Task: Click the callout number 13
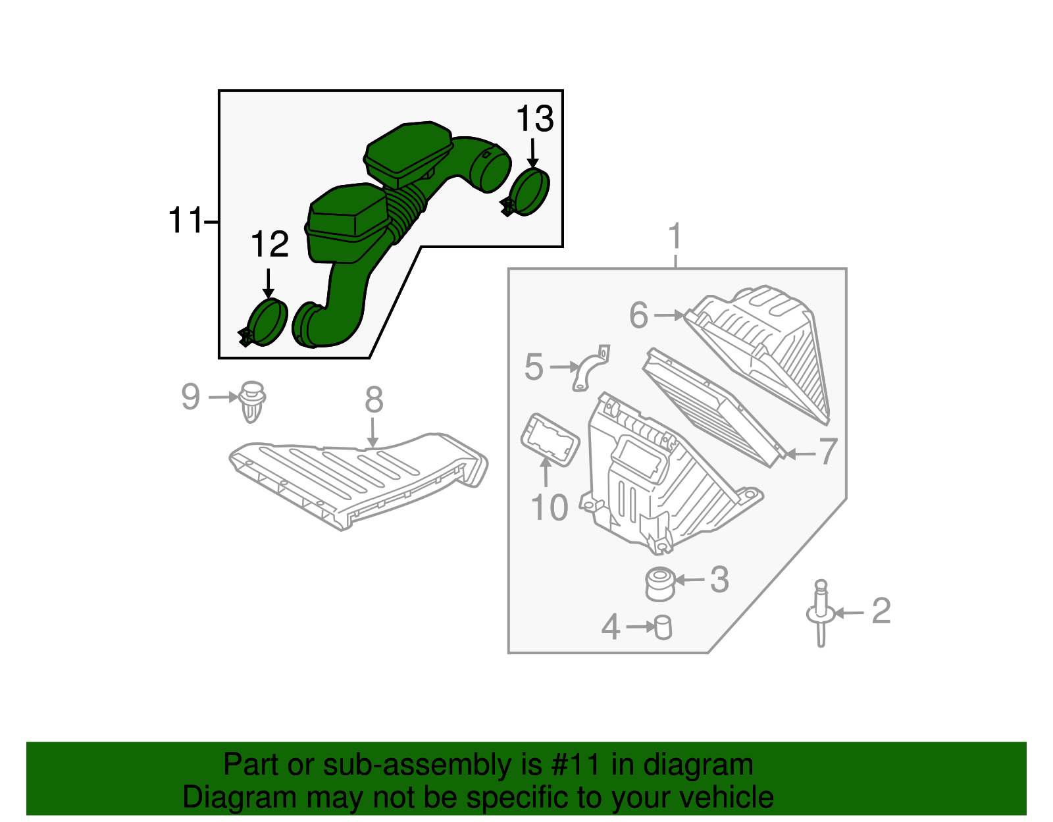click(x=534, y=120)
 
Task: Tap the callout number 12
click(x=270, y=245)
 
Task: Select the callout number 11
click(x=186, y=220)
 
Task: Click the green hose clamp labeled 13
click(x=529, y=192)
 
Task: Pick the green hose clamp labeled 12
click(x=267, y=322)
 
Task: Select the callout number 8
click(x=374, y=399)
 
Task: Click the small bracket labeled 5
click(x=590, y=369)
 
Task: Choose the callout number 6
click(x=638, y=315)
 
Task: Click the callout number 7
click(x=827, y=452)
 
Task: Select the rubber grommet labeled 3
click(x=659, y=584)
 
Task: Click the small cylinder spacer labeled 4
click(x=663, y=627)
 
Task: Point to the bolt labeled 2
click(x=821, y=612)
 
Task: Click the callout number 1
click(x=675, y=237)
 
